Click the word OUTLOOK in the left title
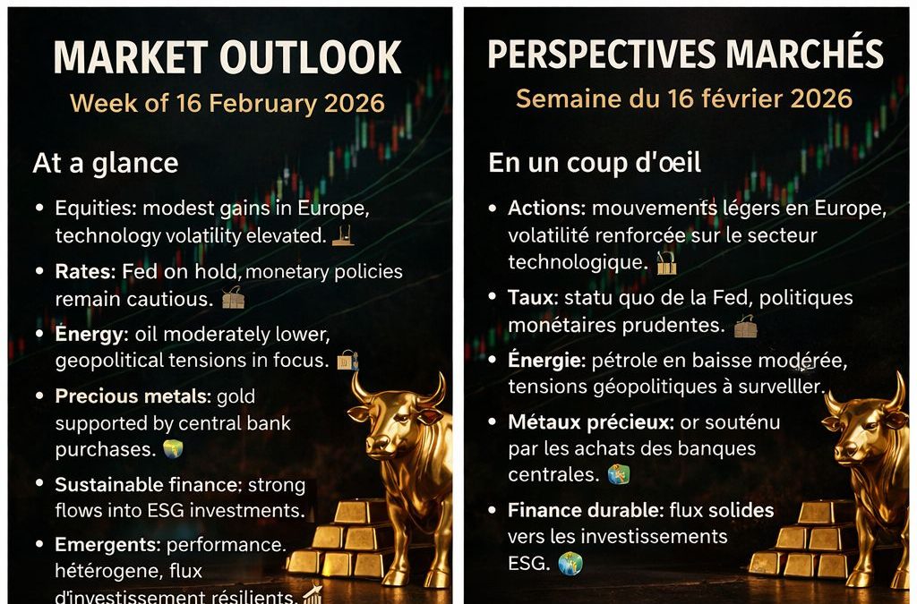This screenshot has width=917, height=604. coord(311,57)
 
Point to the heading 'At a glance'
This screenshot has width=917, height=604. coord(106,163)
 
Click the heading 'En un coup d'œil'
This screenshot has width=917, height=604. coord(595,163)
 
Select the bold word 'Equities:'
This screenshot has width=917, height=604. coord(96,208)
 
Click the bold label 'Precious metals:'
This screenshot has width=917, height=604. coord(133,396)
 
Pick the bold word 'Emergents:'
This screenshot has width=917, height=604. coord(107,545)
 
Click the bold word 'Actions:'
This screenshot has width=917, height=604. coord(547,208)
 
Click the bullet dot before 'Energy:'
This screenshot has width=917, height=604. coord(39,334)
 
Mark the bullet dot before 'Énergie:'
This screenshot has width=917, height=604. coord(493,359)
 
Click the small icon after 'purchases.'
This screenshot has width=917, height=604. coord(173,448)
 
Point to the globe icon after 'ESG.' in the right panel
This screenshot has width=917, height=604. coord(570,563)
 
